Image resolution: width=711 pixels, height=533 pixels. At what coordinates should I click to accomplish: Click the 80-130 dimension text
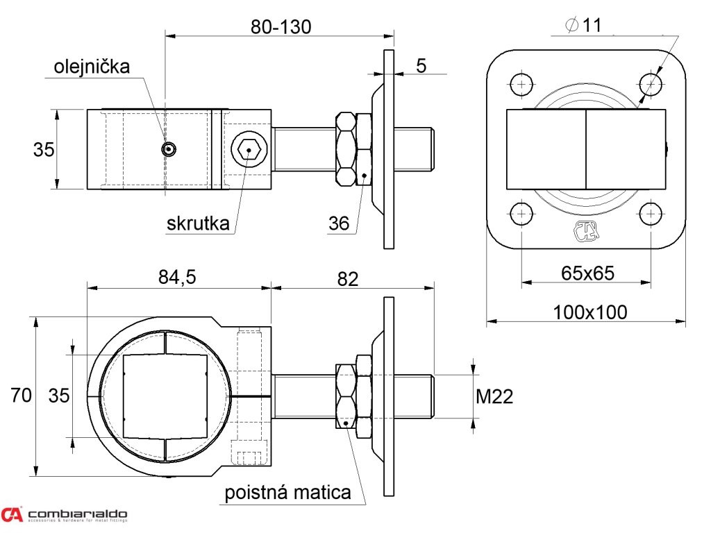point(281,27)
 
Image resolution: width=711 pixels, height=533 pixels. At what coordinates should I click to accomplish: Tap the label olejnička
point(92,67)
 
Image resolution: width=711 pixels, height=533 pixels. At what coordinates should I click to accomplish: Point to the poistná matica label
point(287,493)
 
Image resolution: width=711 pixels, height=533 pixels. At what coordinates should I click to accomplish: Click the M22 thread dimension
point(494,396)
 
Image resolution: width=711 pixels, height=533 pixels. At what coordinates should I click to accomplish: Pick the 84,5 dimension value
point(177,278)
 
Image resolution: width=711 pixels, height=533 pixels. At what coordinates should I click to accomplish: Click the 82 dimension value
point(348,278)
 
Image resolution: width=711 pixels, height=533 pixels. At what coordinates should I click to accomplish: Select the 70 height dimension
point(21,396)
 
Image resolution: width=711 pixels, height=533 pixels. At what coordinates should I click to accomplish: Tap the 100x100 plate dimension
point(589,312)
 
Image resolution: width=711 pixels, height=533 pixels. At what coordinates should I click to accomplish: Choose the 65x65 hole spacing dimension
point(587,273)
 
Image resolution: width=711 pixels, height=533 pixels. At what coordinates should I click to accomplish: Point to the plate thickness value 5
point(421,66)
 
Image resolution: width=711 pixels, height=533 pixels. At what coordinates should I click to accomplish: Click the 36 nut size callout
point(339,223)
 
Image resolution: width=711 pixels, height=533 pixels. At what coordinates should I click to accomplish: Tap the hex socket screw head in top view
point(248,149)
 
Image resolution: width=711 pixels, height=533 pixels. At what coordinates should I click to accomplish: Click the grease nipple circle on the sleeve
point(169,149)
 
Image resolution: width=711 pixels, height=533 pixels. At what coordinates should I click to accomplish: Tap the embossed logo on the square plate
point(585,231)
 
